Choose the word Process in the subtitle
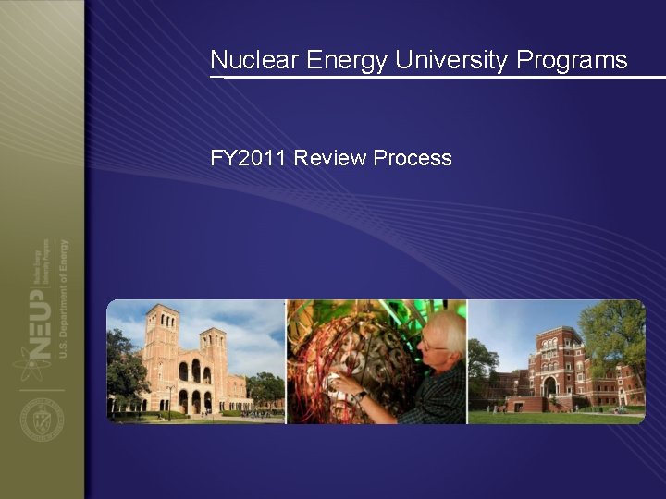pos(413,158)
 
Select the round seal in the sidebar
pos(43,421)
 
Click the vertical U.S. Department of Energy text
pos(64,305)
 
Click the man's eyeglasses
pos(432,346)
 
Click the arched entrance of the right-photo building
pos(549,386)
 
